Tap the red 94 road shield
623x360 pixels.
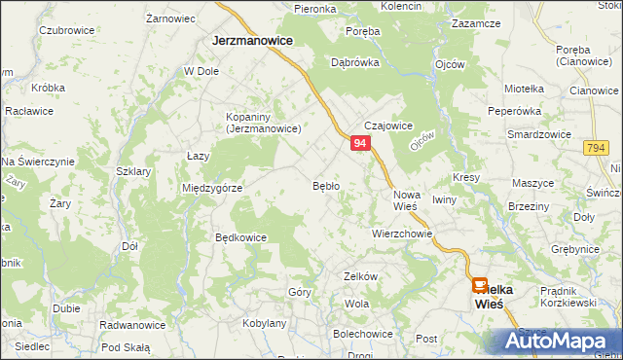(360, 143)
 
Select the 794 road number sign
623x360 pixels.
(596, 147)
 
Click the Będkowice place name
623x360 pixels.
(240, 236)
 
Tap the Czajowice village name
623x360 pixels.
(388, 126)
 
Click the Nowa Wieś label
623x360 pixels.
(406, 199)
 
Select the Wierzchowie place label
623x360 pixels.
(401, 234)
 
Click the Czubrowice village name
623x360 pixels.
(66, 30)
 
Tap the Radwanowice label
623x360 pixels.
(132, 325)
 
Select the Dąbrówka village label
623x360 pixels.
(354, 61)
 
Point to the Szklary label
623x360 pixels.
(133, 170)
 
